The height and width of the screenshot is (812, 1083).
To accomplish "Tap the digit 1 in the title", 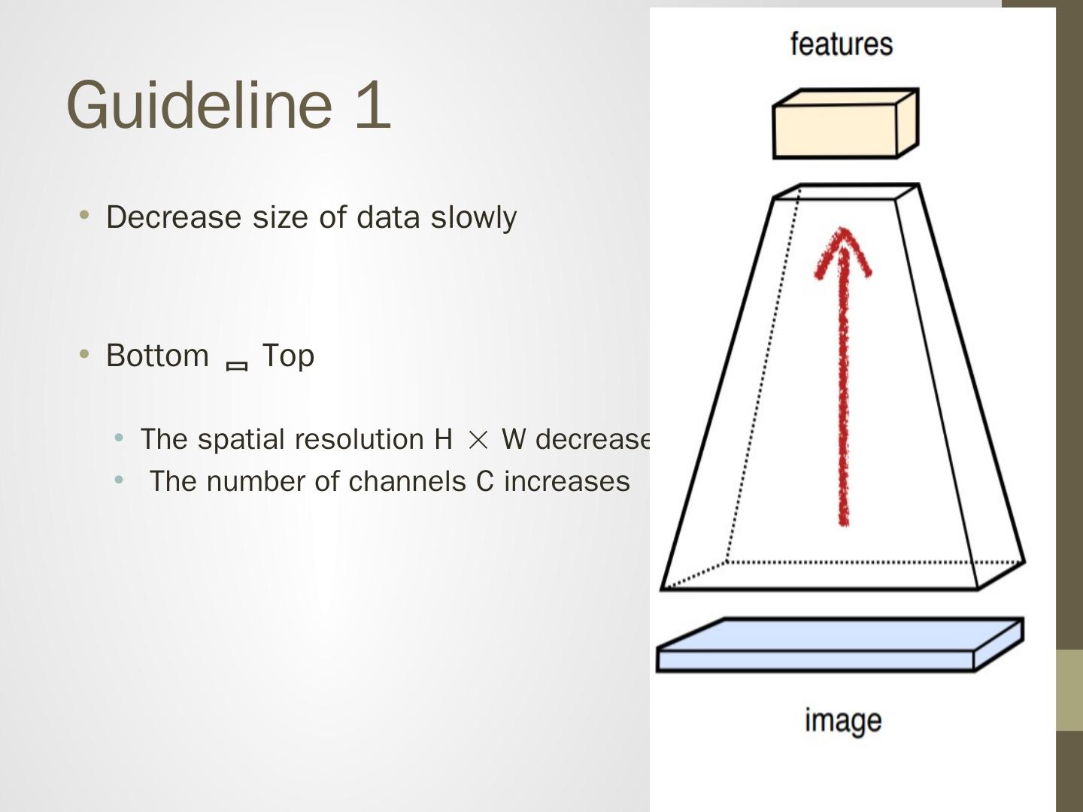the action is point(373,105).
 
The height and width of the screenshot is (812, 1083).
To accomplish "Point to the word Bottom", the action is point(157,356).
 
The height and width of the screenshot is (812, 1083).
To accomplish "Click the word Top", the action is point(288,356).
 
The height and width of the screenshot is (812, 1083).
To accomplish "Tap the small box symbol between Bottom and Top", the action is point(237,366).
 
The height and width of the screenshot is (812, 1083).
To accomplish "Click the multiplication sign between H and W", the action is point(478,440).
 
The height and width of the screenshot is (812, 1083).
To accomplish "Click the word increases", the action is point(566,481).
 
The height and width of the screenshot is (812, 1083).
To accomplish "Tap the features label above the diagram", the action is point(842,44).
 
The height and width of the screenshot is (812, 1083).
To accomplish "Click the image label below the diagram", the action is point(842,720).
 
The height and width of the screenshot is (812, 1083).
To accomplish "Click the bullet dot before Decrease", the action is point(84,217).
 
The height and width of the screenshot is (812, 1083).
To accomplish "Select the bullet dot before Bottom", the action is point(84,354).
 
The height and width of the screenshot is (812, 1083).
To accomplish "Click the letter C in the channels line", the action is point(485,481).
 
